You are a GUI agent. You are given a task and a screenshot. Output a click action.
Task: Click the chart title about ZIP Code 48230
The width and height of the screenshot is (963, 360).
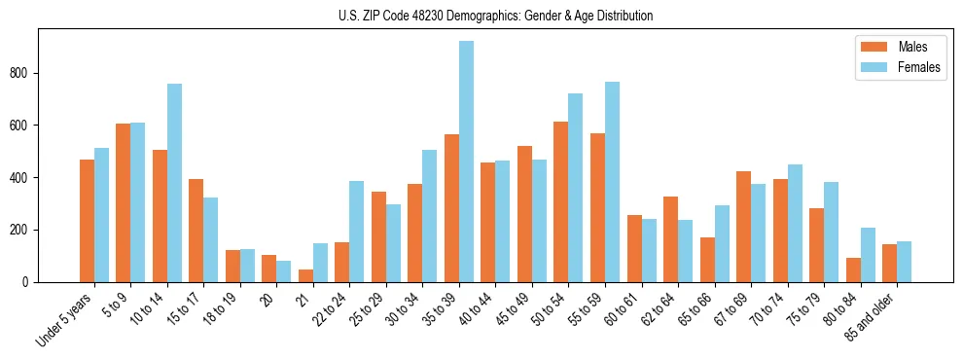pyautogui.click(x=481, y=16)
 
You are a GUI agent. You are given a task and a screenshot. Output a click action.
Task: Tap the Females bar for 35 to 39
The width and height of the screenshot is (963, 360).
pyautogui.click(x=466, y=162)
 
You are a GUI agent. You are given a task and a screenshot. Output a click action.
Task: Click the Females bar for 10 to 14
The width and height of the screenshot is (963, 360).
pyautogui.click(x=174, y=183)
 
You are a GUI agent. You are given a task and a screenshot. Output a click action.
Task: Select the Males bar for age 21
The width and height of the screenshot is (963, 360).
pyautogui.click(x=305, y=275)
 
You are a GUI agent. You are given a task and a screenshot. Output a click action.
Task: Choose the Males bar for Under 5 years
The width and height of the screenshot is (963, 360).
pyautogui.click(x=87, y=221)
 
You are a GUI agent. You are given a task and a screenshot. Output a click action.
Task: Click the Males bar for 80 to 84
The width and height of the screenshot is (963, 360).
pyautogui.click(x=853, y=270)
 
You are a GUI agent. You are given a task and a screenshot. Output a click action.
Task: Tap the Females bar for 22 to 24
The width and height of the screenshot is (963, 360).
pyautogui.click(x=357, y=232)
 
